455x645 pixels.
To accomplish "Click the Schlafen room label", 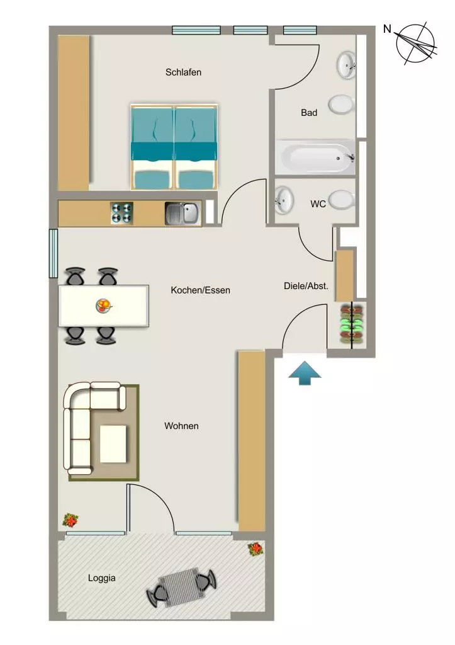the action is [183, 72].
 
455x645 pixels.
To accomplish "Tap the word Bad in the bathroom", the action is [309, 113].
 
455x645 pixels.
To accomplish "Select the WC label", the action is [318, 204].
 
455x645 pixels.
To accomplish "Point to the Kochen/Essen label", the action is [200, 290].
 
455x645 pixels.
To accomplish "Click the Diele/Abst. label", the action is [306, 286].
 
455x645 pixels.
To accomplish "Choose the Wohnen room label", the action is [181, 426].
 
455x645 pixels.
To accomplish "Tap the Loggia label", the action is [101, 578].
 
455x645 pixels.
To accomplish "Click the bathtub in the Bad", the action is [315, 157].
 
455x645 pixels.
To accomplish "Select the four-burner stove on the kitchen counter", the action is [122, 214].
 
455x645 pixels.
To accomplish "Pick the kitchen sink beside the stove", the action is [183, 214].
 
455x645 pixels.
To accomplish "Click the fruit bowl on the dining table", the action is [104, 306].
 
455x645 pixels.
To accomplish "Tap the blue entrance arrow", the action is [305, 373].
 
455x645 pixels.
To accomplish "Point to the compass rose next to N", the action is [415, 43].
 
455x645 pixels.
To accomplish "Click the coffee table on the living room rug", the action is [113, 444].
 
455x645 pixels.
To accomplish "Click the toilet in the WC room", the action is [342, 200].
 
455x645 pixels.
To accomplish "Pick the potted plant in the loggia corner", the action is [256, 549].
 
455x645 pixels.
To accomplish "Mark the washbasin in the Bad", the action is [347, 65].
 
